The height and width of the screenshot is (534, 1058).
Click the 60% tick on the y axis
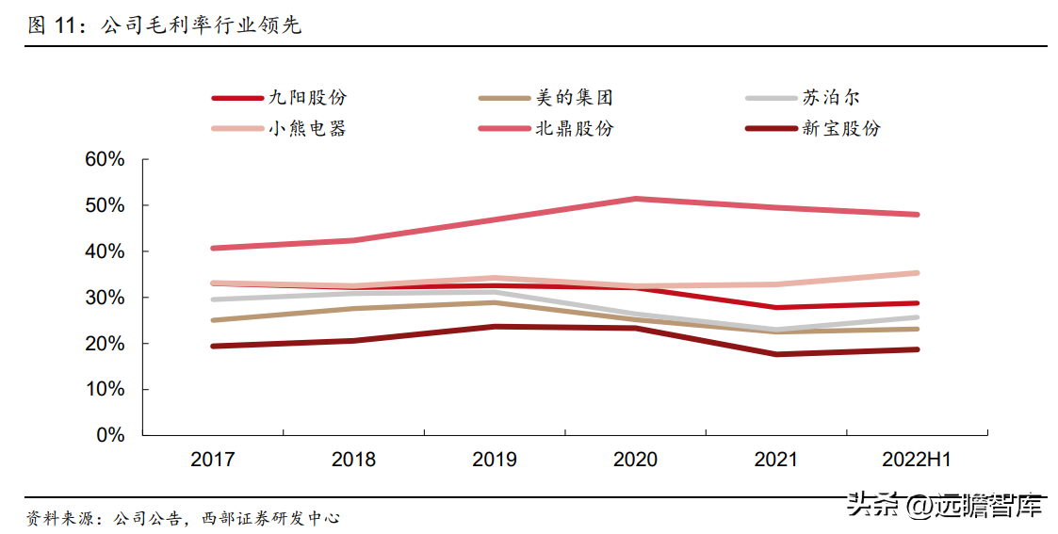click(105, 159)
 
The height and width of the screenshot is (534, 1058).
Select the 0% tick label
click(110, 435)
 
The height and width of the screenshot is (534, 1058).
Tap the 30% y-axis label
click(105, 298)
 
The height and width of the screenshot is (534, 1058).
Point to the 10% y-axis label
click(105, 389)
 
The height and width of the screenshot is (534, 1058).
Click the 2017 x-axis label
click(213, 460)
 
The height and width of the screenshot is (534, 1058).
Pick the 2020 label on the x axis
click(635, 460)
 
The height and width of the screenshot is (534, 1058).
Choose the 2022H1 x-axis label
click(917, 460)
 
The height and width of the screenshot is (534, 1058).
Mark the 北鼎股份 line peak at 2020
click(636, 199)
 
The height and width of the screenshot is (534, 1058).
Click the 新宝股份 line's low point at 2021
click(776, 354)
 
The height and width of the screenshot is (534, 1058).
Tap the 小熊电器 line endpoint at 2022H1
click(917, 273)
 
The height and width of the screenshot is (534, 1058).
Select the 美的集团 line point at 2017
click(213, 320)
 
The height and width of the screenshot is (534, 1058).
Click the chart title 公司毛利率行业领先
click(201, 25)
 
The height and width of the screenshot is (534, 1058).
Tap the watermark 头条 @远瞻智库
click(945, 505)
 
